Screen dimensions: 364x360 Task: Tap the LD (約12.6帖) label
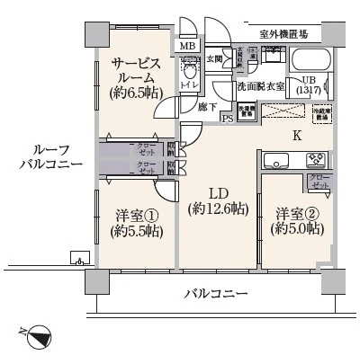point(219,201)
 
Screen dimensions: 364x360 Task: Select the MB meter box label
point(188,47)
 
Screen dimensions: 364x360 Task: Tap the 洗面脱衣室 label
point(260,86)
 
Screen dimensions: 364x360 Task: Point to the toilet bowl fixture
point(189,71)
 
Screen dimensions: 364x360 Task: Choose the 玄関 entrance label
point(216,59)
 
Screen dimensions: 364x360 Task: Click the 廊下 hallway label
point(206,105)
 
